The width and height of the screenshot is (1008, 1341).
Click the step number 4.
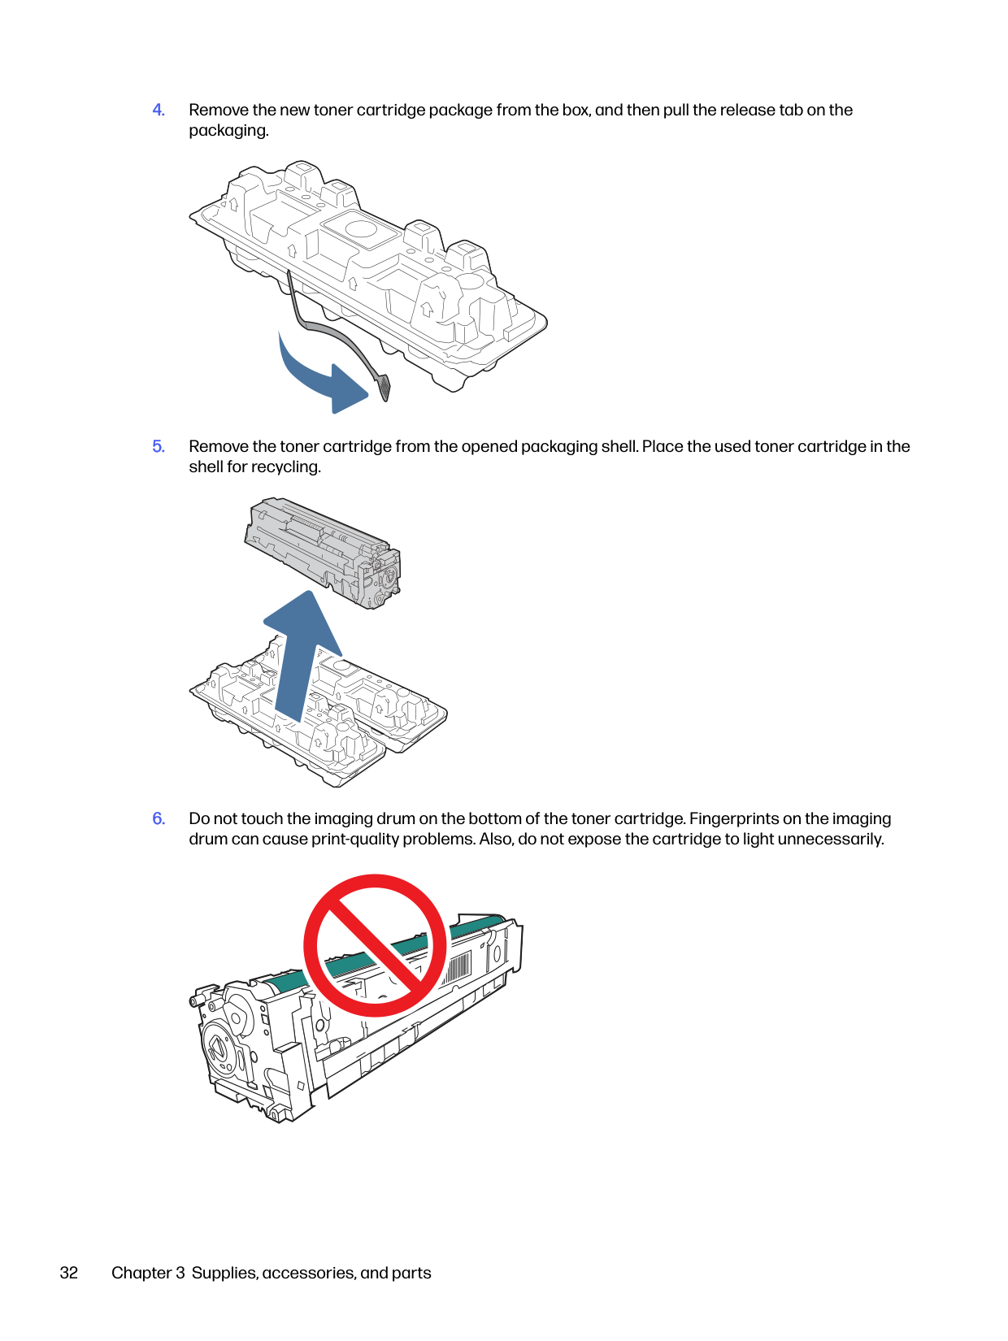click(159, 110)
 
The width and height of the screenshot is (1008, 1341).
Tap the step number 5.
click(159, 446)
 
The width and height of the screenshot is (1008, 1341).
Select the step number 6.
click(159, 818)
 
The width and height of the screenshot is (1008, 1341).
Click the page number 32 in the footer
click(69, 1273)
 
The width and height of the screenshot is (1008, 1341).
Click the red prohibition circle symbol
click(375, 945)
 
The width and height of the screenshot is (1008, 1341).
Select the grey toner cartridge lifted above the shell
click(323, 553)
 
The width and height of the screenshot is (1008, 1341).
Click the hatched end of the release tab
click(383, 388)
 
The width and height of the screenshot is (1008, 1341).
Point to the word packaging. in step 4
click(228, 131)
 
